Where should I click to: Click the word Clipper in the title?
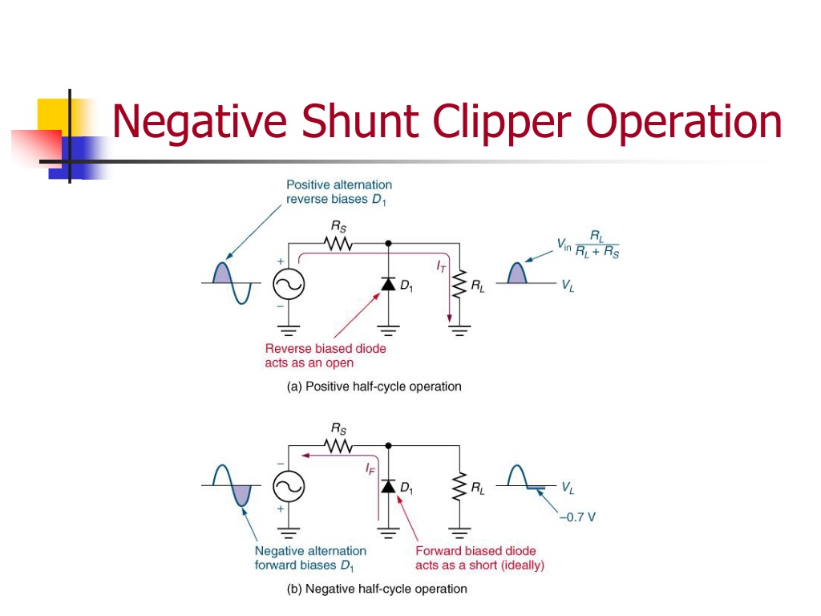click(502, 122)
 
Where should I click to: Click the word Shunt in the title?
click(361, 121)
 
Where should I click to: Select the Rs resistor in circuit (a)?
click(338, 244)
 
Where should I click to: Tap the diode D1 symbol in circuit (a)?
click(388, 284)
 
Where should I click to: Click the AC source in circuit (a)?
click(289, 284)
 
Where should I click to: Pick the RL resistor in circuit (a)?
click(459, 284)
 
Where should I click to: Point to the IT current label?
click(442, 266)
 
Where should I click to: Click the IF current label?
click(370, 468)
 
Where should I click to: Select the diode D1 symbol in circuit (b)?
click(388, 486)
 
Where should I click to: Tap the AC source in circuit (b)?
click(289, 486)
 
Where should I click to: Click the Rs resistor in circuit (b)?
click(338, 446)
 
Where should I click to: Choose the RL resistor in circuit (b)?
click(459, 486)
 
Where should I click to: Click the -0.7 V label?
click(577, 517)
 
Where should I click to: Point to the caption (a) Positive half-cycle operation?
click(374, 387)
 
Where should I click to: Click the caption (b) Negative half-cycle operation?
click(377, 589)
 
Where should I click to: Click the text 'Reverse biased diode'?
click(326, 348)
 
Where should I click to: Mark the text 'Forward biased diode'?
click(475, 550)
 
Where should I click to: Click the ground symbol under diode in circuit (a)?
click(388, 330)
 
